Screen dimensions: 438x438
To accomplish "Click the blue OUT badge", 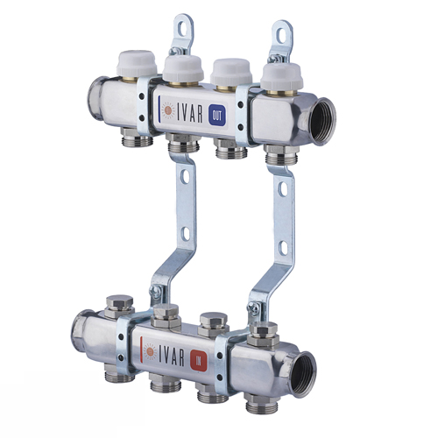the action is tap(217, 116).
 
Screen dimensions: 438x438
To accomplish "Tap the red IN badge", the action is tap(199, 362).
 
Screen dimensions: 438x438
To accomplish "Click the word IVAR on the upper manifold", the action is tap(189, 111).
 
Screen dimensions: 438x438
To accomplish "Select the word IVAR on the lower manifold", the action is tap(172, 355).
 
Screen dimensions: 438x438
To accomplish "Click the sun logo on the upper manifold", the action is tap(168, 109).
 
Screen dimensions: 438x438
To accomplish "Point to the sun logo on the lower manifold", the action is tap(151, 351).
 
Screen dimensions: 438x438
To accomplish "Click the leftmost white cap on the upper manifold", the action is tap(137, 63).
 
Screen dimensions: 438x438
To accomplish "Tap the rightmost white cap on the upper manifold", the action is tap(280, 76).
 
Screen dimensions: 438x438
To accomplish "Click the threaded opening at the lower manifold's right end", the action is tap(303, 374).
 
